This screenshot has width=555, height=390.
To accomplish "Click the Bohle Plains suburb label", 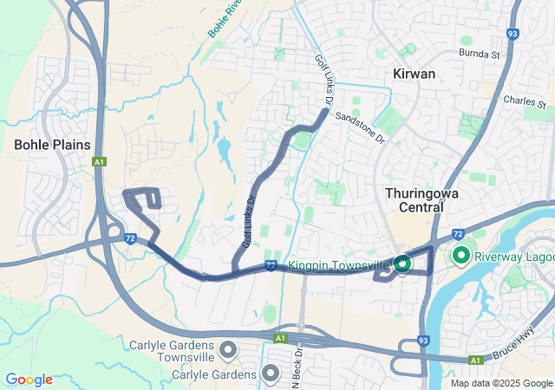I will click(x=52, y=144).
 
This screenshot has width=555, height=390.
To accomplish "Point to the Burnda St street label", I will click(x=482, y=54).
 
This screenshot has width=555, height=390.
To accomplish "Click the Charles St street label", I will click(x=524, y=101).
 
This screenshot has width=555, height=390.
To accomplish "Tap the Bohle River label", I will click(x=224, y=17).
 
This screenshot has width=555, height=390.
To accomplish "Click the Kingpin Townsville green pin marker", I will click(x=402, y=263).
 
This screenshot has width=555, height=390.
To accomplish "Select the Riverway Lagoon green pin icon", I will click(x=460, y=256).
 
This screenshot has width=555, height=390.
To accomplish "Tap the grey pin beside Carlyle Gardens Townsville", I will click(x=228, y=350).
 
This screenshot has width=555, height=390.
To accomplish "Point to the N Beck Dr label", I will click(x=299, y=360).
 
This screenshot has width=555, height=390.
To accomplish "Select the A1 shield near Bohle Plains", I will click(x=101, y=162).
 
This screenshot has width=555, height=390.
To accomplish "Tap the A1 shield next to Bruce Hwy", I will click(x=474, y=360).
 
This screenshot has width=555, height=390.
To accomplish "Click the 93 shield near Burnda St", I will click(x=513, y=34).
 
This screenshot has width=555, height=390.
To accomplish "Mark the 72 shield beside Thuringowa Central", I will click(x=459, y=233).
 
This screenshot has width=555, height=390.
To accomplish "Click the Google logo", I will click(x=29, y=380).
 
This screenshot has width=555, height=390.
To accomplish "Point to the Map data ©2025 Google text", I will click(x=500, y=383).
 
